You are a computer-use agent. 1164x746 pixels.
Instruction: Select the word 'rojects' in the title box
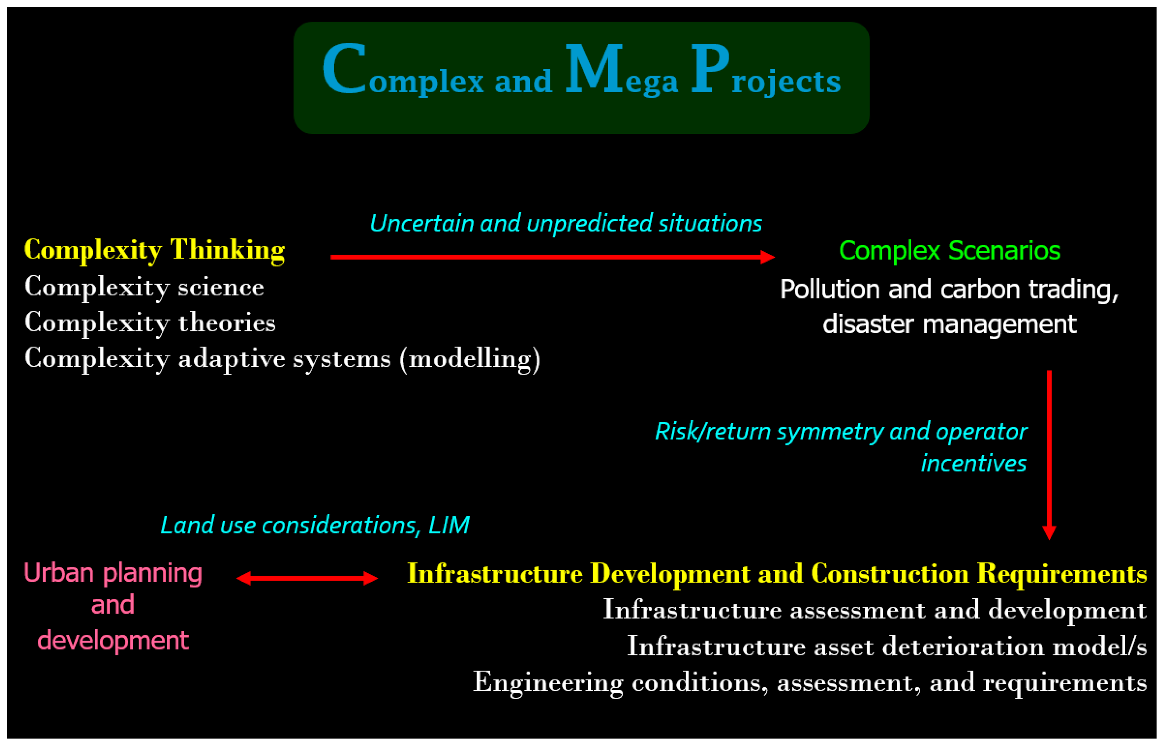click(x=786, y=81)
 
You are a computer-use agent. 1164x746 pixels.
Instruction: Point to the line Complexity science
click(x=144, y=287)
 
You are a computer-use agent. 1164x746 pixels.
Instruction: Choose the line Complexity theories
click(x=150, y=323)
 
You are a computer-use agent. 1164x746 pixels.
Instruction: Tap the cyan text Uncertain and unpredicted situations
click(x=565, y=223)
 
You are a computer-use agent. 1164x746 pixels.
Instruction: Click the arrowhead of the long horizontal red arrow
click(x=767, y=257)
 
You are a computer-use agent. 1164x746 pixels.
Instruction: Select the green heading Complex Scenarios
click(x=949, y=251)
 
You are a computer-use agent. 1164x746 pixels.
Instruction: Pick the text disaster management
click(x=949, y=324)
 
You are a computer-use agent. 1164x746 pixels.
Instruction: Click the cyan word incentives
click(x=973, y=463)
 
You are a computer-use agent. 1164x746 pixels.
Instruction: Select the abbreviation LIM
click(x=449, y=525)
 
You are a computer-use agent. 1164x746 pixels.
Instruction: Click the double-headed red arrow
click(x=307, y=578)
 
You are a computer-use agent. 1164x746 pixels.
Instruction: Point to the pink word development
click(x=113, y=640)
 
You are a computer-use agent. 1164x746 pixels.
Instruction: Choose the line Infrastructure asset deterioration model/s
click(x=886, y=647)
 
